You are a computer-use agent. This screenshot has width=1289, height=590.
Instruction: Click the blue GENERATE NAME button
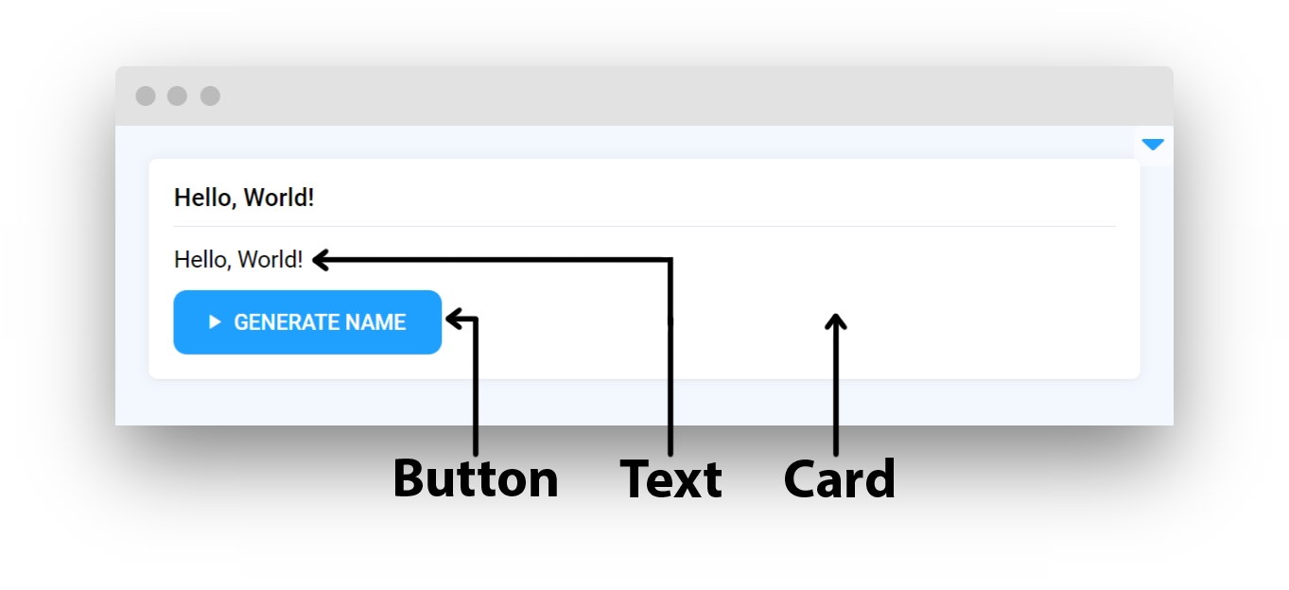point(307,322)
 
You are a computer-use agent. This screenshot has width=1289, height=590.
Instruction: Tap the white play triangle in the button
point(215,322)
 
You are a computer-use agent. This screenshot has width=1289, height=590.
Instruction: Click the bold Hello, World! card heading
point(244,198)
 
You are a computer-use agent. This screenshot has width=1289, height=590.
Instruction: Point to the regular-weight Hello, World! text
point(238,259)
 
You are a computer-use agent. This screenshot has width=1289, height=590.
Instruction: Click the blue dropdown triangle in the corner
point(1153,144)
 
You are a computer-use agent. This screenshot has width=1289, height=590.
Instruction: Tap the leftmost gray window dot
point(146,96)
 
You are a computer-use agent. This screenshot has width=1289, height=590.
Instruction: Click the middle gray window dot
point(177,96)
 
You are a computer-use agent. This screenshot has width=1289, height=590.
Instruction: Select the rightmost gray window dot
point(210,96)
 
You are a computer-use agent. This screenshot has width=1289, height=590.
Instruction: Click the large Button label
point(476,478)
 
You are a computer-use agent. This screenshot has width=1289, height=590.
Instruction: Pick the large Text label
point(671,478)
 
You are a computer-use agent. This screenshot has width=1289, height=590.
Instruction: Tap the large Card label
point(839,478)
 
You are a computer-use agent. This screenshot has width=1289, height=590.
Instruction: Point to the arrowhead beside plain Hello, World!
point(321,260)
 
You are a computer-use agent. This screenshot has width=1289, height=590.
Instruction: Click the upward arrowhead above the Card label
point(836,321)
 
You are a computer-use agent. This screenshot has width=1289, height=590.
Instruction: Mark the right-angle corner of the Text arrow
point(671,261)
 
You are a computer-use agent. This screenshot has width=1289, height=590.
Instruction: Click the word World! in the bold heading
point(279,198)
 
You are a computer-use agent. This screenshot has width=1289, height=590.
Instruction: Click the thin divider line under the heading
point(645,227)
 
